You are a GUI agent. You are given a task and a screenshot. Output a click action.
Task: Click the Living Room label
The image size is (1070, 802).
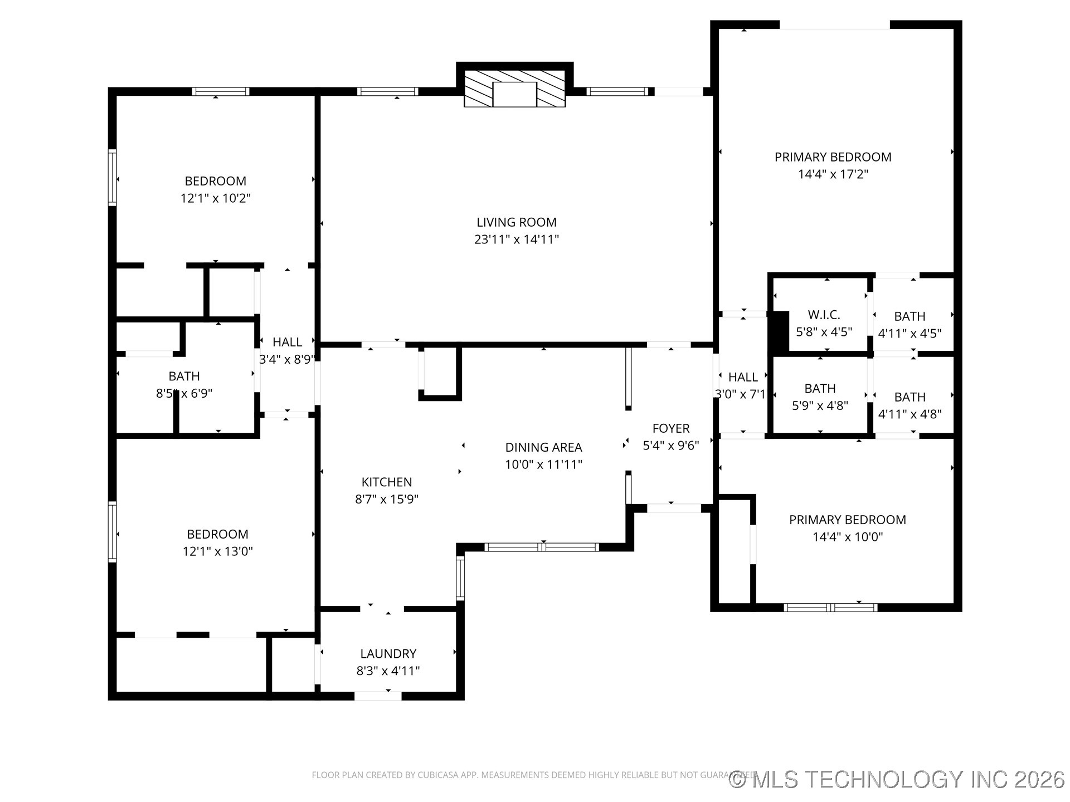tap(516, 222)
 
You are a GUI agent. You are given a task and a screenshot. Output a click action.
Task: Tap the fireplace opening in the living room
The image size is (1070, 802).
tap(514, 94)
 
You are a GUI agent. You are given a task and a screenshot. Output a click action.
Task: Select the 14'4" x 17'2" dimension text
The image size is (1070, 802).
tap(833, 174)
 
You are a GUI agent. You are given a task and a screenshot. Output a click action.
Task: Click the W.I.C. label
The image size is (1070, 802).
tap(824, 315)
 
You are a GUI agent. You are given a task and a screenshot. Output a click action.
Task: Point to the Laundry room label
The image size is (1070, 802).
tap(388, 653)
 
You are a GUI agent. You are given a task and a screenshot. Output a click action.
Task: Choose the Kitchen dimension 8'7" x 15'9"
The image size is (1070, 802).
tap(387, 499)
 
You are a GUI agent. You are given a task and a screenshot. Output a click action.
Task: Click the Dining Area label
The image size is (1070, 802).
tap(543, 447)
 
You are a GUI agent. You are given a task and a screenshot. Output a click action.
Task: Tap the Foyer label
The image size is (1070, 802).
tap(670, 428)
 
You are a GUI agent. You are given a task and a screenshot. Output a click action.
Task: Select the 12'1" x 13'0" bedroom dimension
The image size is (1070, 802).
tap(217, 551)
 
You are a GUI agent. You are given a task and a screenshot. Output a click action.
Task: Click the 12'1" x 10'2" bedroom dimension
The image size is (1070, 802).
tap(216, 198)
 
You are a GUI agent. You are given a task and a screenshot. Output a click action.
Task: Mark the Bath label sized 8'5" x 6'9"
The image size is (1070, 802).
tap(184, 376)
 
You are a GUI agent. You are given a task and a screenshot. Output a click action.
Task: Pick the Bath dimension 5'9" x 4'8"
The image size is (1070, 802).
tap(820, 405)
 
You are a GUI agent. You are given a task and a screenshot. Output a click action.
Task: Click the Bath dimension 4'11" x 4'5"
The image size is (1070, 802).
tap(909, 333)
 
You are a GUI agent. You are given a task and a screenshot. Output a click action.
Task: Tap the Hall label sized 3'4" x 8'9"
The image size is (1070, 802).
tap(287, 342)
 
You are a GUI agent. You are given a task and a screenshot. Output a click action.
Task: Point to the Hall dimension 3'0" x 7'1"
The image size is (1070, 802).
tap(741, 394)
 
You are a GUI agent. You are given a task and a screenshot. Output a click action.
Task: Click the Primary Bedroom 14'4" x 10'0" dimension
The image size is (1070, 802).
tap(847, 537)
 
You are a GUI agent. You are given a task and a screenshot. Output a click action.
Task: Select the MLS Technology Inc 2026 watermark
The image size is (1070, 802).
tap(897, 779)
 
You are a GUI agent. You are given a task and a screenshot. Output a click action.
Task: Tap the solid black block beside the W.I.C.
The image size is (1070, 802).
tap(779, 331)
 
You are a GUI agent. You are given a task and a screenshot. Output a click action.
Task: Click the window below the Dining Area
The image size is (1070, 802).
tap(542, 547)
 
